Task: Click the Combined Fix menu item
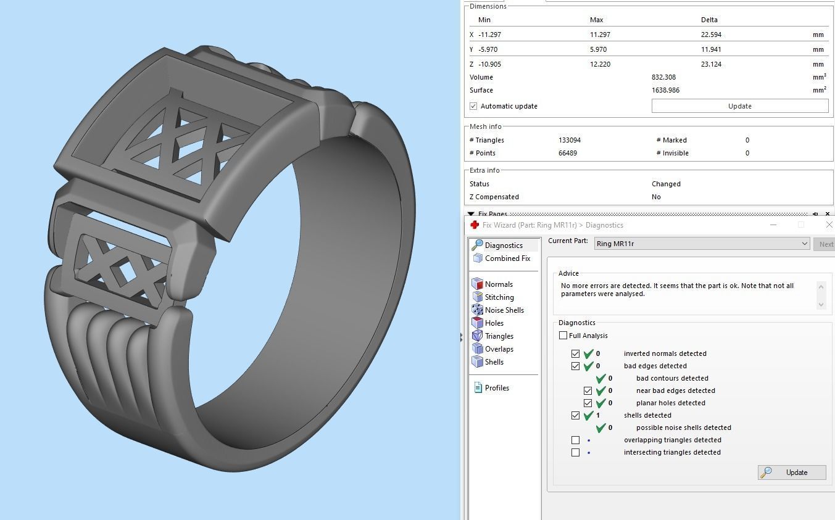[507, 258]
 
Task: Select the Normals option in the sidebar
[498, 284]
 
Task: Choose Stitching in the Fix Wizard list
[499, 297]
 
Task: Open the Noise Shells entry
[504, 310]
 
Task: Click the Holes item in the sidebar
[494, 323]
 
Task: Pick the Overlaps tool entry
[499, 349]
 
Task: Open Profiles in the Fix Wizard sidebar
[496, 388]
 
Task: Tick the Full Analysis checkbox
[563, 336]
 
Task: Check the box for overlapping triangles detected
[575, 440]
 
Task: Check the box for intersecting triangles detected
[575, 452]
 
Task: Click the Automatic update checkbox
[473, 106]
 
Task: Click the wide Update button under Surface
[739, 106]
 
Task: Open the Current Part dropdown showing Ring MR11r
[702, 244]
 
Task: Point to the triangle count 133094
[569, 140]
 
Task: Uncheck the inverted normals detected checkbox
[575, 353]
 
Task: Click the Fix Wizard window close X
[828, 225]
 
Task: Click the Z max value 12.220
[600, 64]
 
